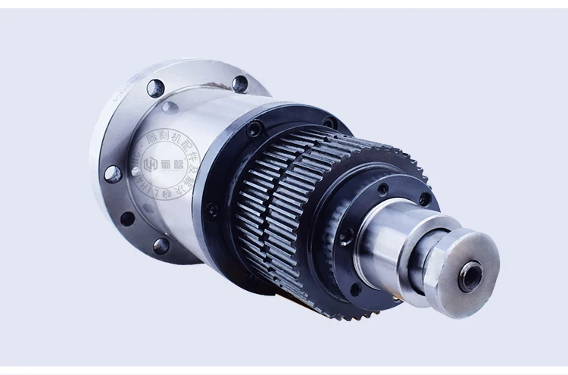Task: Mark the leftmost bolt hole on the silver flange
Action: pos(113,174)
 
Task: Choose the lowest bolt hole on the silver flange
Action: pos(161,245)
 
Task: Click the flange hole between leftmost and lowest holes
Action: pos(126,220)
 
